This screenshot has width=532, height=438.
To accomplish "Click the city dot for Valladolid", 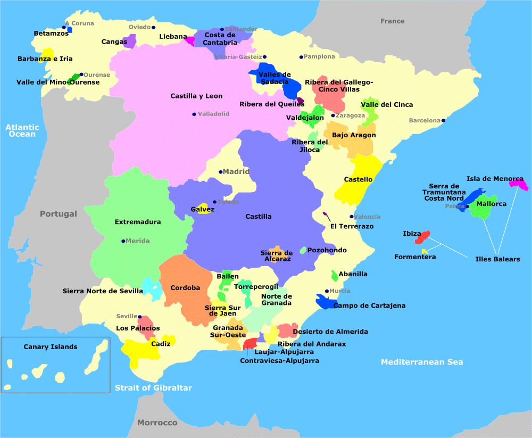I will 194,114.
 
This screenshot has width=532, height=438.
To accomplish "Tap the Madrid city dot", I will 220,172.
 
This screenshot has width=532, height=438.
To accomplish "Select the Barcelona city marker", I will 443,120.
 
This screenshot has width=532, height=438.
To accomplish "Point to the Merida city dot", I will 123,241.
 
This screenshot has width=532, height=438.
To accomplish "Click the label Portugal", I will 59,214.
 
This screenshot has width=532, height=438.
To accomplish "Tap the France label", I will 392,21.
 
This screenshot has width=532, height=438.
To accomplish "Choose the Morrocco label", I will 157,423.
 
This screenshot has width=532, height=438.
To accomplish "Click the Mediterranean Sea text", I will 422,362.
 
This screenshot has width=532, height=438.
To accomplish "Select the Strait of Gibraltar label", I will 153,388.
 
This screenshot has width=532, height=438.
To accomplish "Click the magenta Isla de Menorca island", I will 519,185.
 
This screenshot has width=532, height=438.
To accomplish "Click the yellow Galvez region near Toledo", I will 202,208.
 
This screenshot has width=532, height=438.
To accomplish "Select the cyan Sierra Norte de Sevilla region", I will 153,290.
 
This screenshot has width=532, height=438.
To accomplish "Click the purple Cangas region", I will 129,42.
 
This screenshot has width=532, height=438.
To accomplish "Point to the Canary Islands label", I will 51,347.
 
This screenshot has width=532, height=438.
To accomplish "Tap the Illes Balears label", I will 497,259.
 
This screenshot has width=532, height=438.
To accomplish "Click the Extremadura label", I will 137,222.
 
